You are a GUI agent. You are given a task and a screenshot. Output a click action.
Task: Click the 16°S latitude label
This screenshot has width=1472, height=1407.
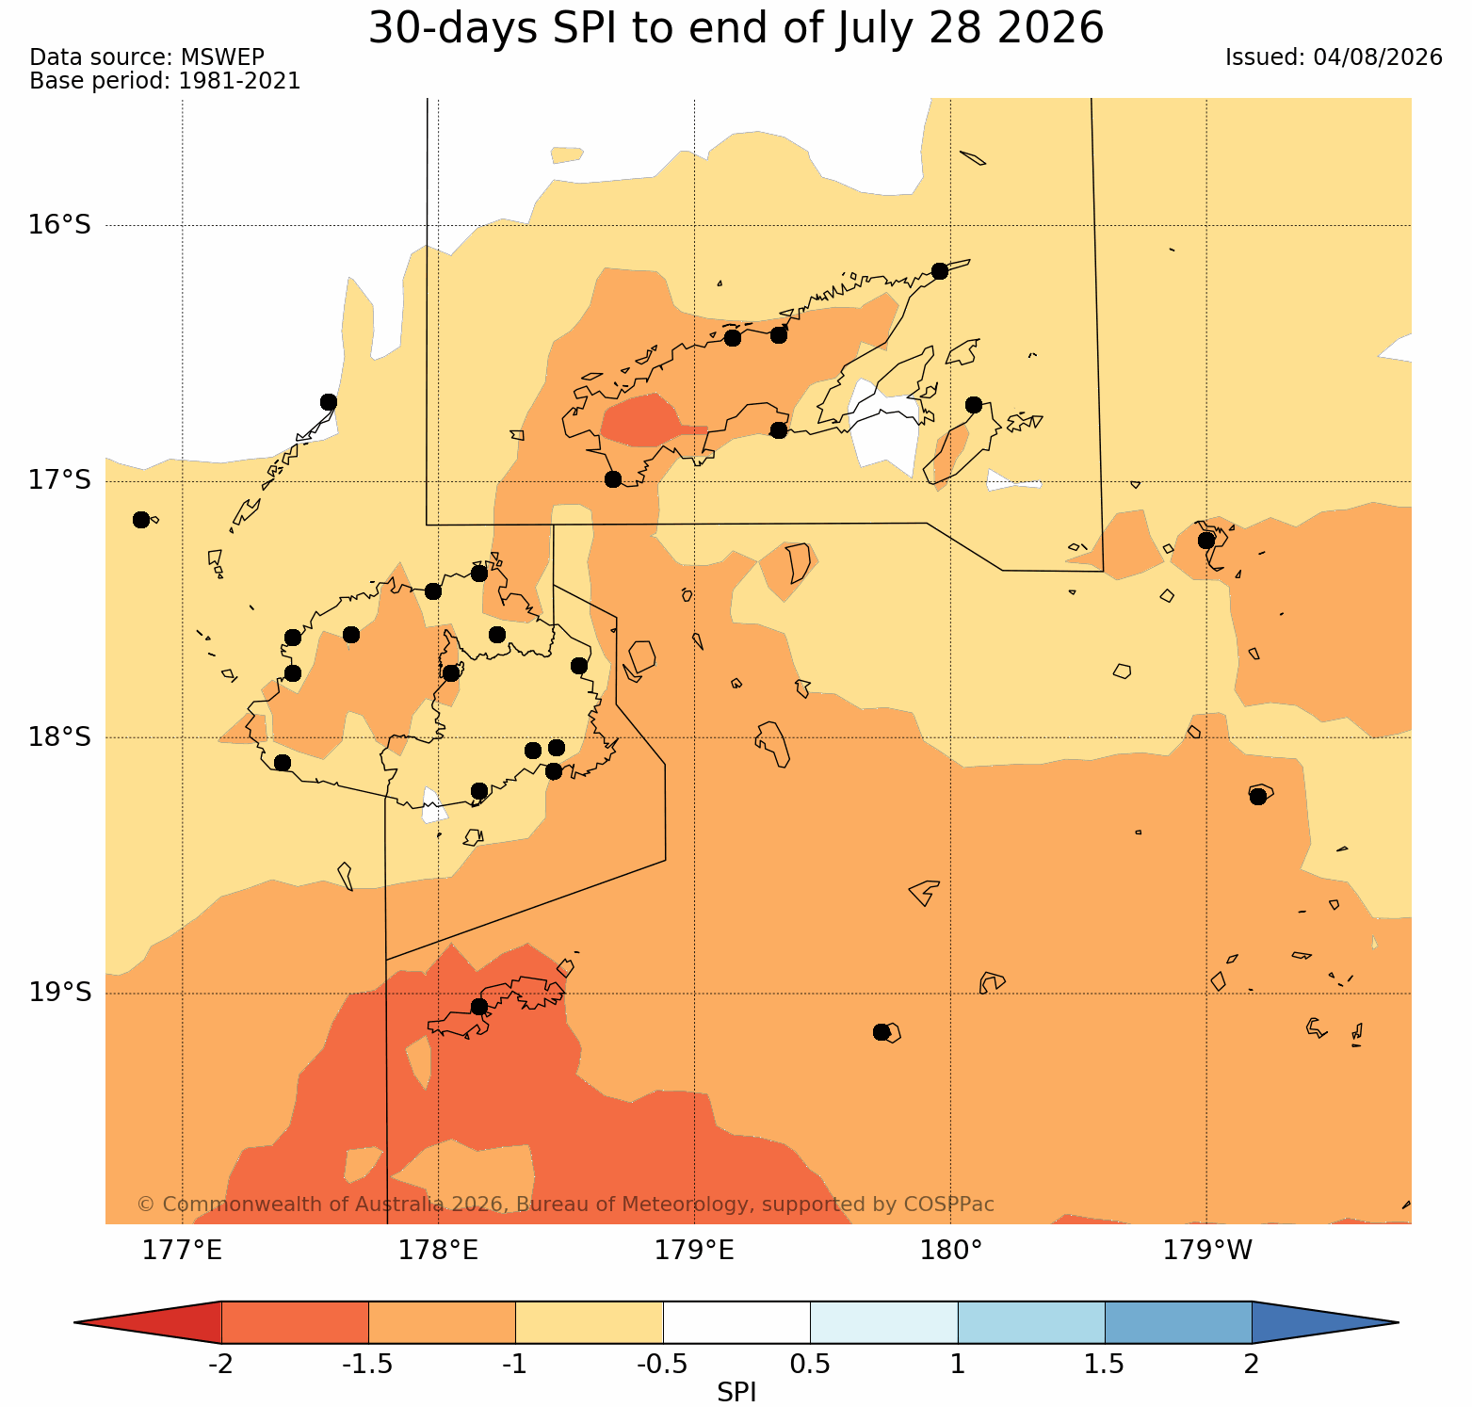click(x=59, y=225)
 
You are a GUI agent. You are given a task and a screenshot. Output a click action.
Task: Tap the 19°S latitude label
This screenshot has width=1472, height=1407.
click(x=59, y=993)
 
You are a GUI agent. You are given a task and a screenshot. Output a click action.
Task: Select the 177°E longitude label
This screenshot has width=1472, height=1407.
click(x=182, y=1251)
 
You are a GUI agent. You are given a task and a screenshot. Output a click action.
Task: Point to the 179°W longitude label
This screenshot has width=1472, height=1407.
click(x=1207, y=1251)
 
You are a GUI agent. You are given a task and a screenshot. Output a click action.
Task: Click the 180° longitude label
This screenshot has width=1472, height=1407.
click(x=951, y=1251)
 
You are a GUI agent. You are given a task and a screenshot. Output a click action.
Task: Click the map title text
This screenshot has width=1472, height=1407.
click(x=736, y=28)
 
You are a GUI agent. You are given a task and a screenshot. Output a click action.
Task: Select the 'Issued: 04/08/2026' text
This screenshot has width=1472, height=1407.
click(x=1334, y=57)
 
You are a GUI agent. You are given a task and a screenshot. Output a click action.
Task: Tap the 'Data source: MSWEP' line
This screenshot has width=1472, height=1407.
click(x=147, y=57)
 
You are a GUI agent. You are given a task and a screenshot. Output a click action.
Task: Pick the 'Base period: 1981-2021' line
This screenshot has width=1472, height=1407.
click(x=165, y=81)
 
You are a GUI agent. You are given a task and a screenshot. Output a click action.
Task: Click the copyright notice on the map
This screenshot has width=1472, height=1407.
click(x=565, y=1205)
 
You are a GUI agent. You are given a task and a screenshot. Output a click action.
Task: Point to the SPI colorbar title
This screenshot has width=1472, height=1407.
click(x=736, y=1392)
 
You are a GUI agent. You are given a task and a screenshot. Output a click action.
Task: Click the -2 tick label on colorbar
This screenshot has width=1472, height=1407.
click(x=220, y=1365)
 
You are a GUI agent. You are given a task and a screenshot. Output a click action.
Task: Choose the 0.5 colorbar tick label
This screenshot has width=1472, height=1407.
click(x=810, y=1365)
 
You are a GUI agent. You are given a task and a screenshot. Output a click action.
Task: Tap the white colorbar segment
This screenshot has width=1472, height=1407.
click(x=736, y=1322)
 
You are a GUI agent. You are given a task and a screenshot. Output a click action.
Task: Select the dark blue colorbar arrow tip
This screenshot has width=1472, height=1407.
click(x=1398, y=1322)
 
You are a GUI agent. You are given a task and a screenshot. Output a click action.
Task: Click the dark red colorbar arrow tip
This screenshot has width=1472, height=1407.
click(x=75, y=1322)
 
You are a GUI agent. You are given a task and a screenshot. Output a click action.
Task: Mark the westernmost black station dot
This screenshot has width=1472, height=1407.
click(x=141, y=520)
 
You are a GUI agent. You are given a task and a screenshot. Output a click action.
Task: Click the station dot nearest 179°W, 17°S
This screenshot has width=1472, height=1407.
click(x=1206, y=541)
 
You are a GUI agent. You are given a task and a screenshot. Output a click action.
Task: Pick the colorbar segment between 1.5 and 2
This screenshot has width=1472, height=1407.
click(x=1178, y=1322)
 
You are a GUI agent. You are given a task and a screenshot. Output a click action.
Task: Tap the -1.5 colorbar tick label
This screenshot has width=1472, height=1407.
click(x=368, y=1365)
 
